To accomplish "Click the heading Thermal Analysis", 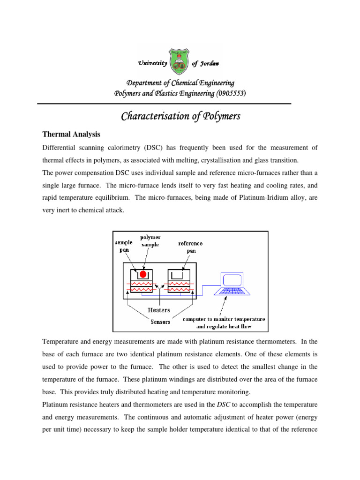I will [71, 135].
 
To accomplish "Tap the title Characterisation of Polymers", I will [180, 116].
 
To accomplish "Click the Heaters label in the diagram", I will [159, 310].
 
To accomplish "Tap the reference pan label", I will [190, 247].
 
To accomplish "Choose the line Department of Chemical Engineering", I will [180, 83].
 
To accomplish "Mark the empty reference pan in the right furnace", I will [178, 274].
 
